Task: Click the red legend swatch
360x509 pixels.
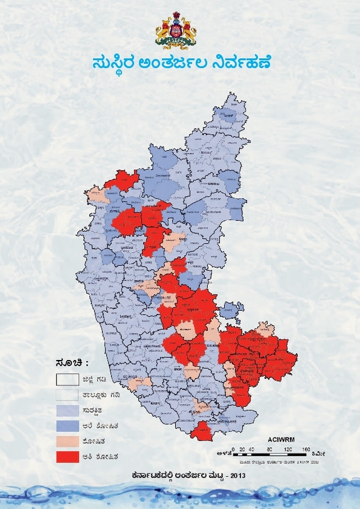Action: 68,456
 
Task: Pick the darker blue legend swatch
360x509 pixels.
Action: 68,425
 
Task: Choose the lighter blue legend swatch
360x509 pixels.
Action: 68,410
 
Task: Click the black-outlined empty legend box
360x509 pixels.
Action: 68,380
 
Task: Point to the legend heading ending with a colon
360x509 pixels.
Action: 72,363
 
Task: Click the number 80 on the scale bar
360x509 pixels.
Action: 268,448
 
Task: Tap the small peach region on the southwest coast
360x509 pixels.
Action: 139,382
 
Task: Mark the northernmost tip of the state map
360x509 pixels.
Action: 230,93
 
